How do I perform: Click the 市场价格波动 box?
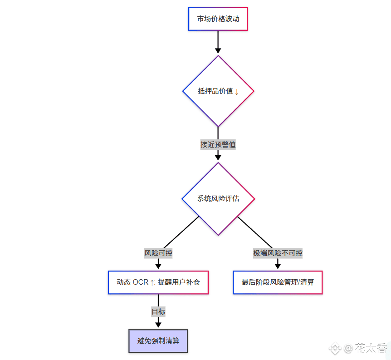[218, 19]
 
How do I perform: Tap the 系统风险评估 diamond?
[218, 199]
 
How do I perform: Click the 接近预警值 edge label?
[218, 145]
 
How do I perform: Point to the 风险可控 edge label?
[158, 253]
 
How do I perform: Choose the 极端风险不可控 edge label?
[278, 253]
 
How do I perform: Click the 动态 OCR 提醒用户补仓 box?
[158, 282]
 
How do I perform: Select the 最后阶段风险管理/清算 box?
[278, 282]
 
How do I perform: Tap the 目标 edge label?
[158, 312]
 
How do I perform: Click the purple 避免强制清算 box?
[158, 341]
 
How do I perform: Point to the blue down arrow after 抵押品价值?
[237, 91]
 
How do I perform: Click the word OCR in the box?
[140, 282]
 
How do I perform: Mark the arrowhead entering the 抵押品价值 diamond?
[218, 50]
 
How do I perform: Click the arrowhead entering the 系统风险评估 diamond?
[218, 157]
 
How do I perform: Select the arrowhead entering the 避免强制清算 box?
[158, 324]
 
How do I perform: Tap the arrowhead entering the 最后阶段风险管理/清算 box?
[278, 266]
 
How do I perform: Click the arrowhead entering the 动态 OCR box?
[158, 266]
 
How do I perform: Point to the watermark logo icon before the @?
[335, 349]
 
